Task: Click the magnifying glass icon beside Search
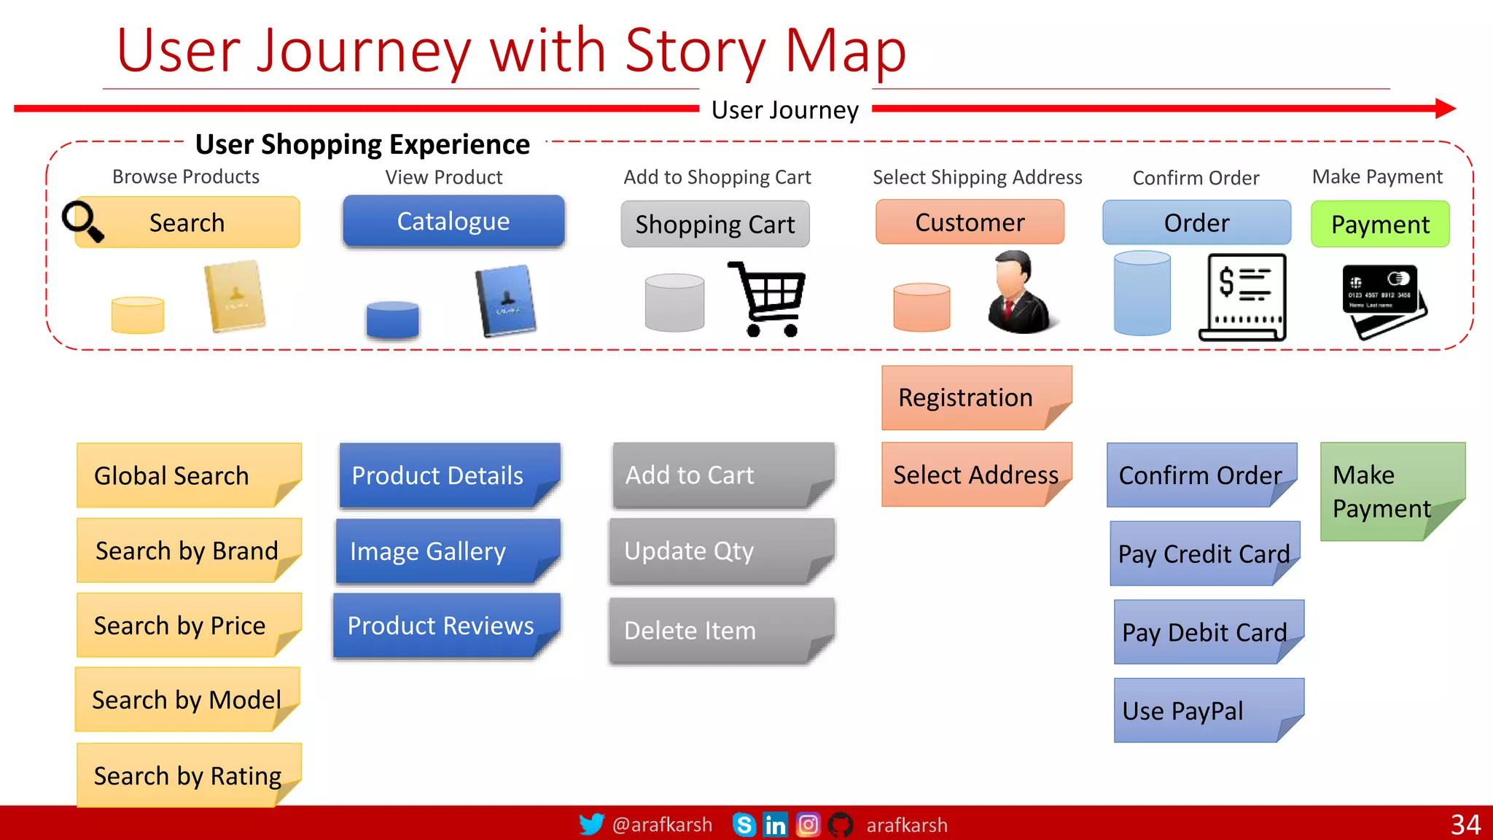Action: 82,221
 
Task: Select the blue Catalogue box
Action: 453,221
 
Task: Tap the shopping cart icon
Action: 768,299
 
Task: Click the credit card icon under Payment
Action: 1383,300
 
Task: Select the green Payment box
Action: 1379,225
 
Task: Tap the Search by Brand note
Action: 187,551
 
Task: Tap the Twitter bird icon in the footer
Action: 591,825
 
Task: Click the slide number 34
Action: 1465,825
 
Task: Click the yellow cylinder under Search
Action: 138,315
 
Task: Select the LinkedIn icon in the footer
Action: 775,825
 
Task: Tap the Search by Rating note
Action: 187,775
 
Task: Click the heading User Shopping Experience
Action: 362,144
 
